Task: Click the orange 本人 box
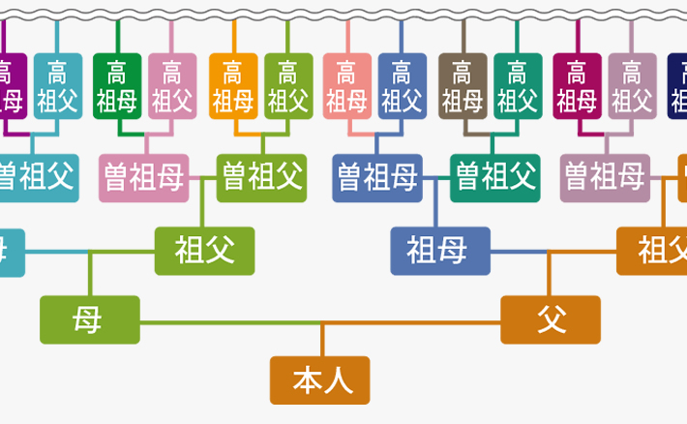[319, 380]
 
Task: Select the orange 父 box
[551, 319]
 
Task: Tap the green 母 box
[89, 319]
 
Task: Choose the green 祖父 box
[204, 251]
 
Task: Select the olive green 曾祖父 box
[261, 177]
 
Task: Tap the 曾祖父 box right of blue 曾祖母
[494, 177]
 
